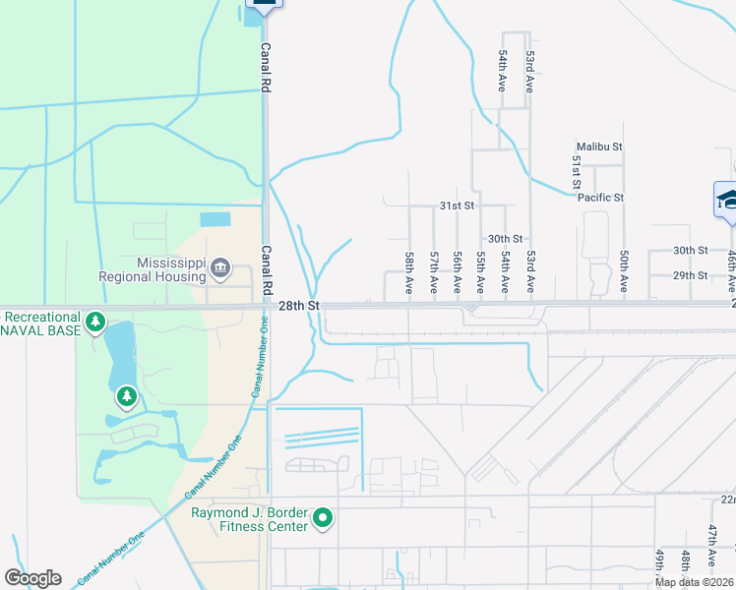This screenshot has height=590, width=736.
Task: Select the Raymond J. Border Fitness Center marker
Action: tap(322, 517)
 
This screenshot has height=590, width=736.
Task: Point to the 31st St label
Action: tap(457, 206)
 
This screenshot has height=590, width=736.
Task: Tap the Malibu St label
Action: tap(600, 147)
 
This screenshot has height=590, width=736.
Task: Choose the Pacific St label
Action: tap(600, 198)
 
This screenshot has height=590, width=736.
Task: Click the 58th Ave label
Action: tap(408, 272)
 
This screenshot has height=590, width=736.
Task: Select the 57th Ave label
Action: tap(433, 272)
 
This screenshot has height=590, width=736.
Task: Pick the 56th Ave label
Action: tap(457, 272)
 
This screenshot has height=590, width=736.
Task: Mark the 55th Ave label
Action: tap(480, 272)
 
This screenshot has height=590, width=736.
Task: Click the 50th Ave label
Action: tap(624, 272)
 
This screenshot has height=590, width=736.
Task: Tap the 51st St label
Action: tap(576, 172)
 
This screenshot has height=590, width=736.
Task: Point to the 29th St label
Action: tap(690, 275)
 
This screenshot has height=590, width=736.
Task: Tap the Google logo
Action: tap(32, 578)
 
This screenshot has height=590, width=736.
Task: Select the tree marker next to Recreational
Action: tap(94, 322)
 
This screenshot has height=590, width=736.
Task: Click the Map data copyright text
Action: tap(695, 582)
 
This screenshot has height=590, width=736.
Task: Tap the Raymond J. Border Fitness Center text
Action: tap(250, 518)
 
